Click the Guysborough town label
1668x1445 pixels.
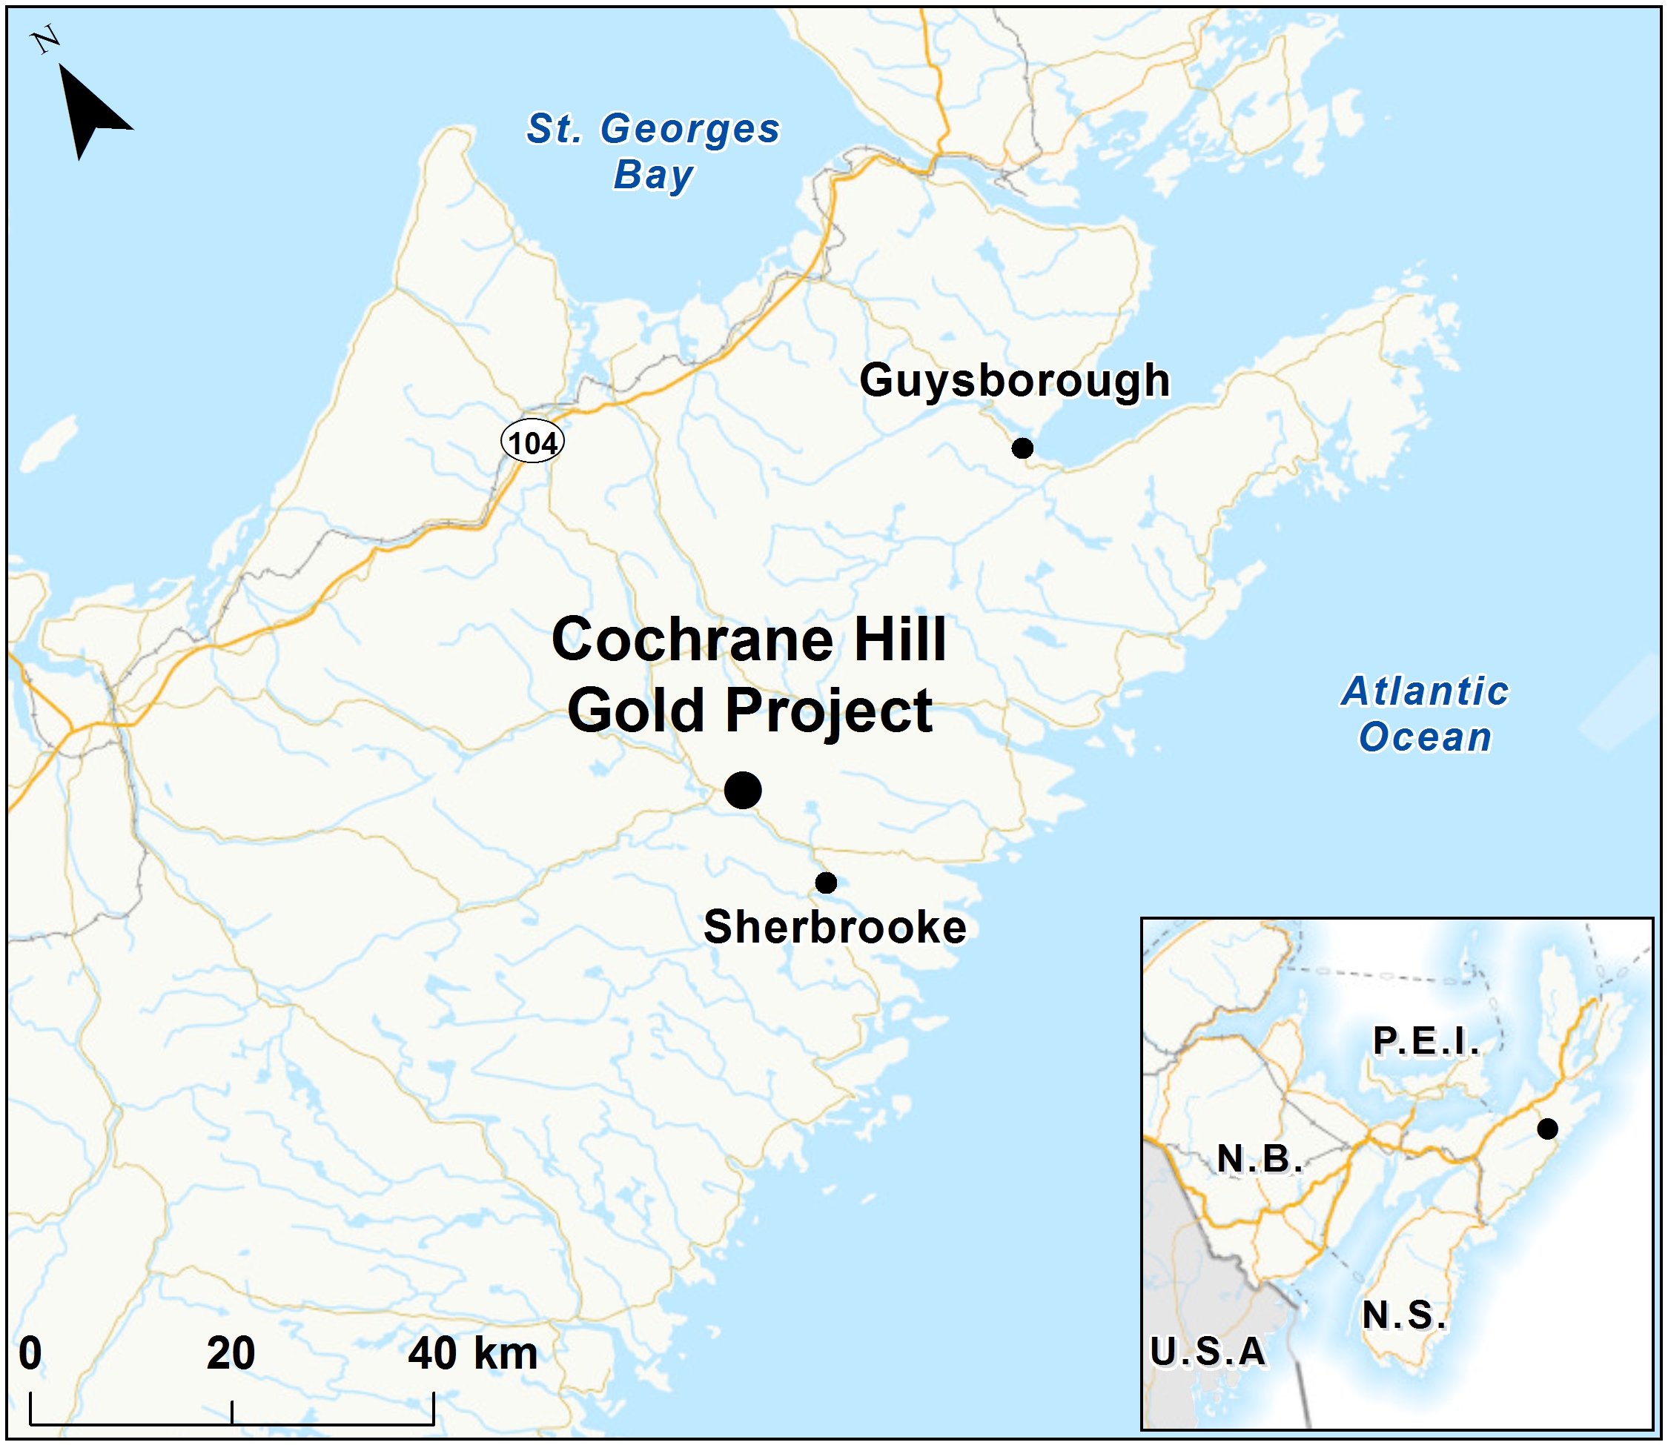tap(1014, 381)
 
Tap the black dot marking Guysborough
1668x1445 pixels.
tap(1022, 448)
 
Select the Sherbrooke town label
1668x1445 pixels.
tap(835, 927)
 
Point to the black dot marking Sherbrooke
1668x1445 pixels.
tap(826, 883)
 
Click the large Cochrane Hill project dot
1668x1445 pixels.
tap(743, 790)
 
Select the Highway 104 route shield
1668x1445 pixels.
tap(532, 442)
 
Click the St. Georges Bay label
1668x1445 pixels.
tap(653, 150)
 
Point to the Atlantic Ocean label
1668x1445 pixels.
tap(1426, 714)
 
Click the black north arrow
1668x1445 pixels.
tap(89, 113)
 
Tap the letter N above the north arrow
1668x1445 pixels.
tap(46, 39)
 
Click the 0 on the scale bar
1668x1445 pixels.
tap(30, 1354)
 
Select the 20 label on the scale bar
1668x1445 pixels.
tap(231, 1354)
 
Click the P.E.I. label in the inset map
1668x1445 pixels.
tap(1426, 1041)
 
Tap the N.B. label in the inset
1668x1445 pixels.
tap(1259, 1159)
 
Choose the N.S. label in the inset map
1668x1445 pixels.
tap(1403, 1315)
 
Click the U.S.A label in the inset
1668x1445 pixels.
tap(1208, 1352)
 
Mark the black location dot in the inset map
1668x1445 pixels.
tap(1547, 1129)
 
